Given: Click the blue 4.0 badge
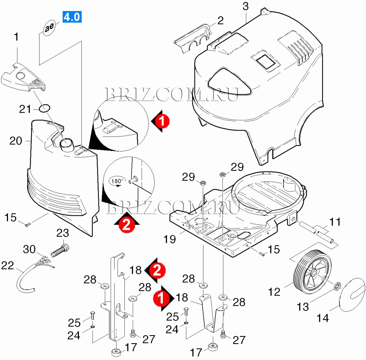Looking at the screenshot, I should [72, 17].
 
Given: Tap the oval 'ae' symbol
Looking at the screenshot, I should [50, 27].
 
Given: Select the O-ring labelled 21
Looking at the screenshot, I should [44, 108].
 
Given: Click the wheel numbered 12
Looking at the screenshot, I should [312, 273].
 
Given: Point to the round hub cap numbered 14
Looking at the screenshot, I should [352, 294].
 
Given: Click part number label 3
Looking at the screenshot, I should [245, 6].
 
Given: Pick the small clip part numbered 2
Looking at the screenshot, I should [192, 39].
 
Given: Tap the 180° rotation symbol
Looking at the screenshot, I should [117, 181].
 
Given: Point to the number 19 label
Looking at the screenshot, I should [169, 239].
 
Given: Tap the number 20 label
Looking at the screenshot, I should [16, 141].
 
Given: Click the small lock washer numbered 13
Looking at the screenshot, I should [337, 287].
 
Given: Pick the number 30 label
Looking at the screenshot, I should [29, 249].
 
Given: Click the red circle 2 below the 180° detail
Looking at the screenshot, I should [127, 225].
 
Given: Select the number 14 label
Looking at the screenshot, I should [323, 318].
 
